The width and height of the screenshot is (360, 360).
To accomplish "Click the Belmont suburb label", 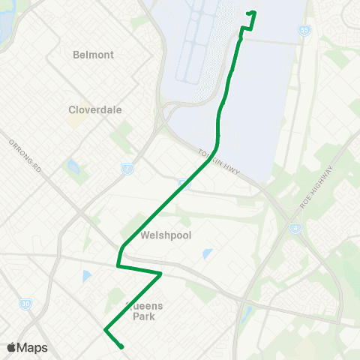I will click(x=94, y=55).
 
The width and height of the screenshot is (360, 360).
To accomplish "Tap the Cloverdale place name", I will click(x=95, y=109).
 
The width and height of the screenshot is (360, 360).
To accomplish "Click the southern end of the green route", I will click(x=121, y=346).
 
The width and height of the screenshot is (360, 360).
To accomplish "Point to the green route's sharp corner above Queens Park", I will click(x=161, y=274).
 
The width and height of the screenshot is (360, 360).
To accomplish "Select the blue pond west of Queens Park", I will click(x=86, y=276).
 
